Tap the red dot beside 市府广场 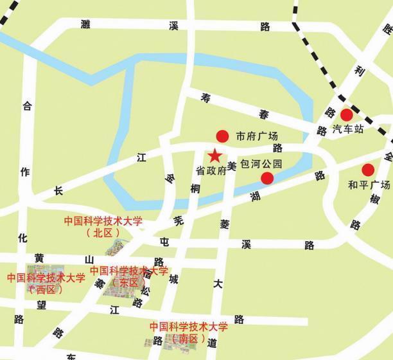222,136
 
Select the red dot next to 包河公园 266,178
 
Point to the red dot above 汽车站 346,115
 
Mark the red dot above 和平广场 368,170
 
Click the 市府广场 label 257,136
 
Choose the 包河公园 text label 261,163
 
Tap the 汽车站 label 349,129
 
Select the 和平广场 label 369,185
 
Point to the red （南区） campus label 189,338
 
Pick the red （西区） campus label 46,289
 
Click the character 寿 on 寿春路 206,98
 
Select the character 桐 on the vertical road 196,188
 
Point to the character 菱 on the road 225,224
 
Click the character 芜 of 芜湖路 179,220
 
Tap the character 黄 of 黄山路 39,258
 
